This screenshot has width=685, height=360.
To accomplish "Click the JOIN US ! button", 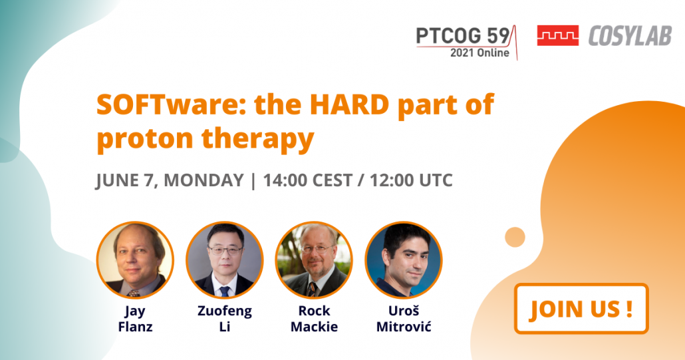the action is (x=581, y=309).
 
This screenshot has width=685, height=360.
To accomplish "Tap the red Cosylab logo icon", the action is (x=558, y=35).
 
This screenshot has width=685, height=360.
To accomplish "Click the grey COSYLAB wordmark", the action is (x=630, y=36).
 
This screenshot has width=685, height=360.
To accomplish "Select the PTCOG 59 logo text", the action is (x=463, y=36).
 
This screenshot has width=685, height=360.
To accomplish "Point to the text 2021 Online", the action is (x=479, y=53).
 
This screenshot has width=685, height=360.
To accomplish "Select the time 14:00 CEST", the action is (x=307, y=180).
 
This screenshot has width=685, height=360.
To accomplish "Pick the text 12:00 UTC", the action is (x=411, y=180).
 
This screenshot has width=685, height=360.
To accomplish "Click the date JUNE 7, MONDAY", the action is (x=170, y=180).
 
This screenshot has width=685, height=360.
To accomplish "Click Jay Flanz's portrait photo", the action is (x=135, y=260).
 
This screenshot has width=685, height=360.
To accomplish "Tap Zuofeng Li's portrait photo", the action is (x=225, y=260).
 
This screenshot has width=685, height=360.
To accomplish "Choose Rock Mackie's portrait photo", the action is (x=314, y=260).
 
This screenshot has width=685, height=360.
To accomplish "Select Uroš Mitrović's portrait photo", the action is (x=404, y=260).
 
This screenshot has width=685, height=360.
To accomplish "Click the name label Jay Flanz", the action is (x=135, y=319).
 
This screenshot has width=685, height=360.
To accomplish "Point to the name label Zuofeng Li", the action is (x=225, y=319).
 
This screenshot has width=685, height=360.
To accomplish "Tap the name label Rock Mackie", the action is (x=314, y=319).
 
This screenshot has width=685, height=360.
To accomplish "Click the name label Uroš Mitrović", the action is (x=404, y=319).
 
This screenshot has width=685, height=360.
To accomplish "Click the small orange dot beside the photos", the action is (x=515, y=238).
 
